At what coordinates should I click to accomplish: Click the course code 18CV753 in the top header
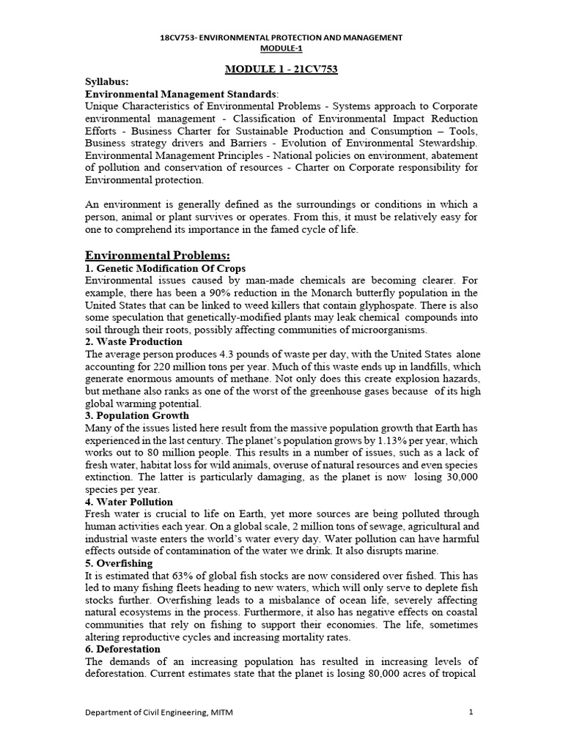click(x=178, y=37)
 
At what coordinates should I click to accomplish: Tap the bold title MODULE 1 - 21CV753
click(x=281, y=69)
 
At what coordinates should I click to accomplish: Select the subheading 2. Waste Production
click(x=134, y=341)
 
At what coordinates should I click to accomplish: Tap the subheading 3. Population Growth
click(x=138, y=415)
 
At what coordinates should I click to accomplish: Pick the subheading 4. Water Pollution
click(x=130, y=502)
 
